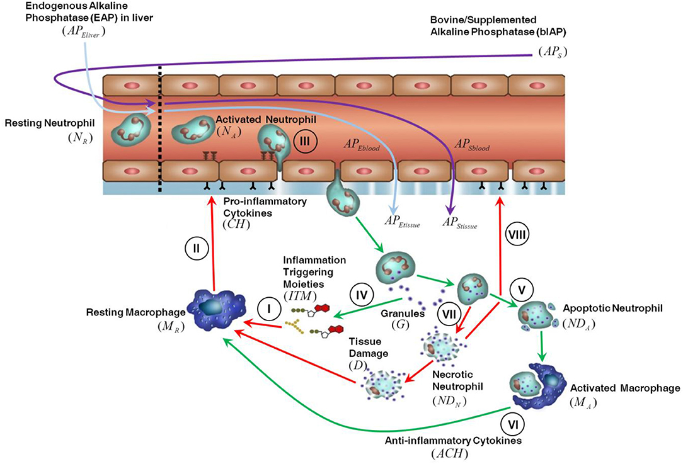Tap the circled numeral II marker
197,248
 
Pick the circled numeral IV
360,293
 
